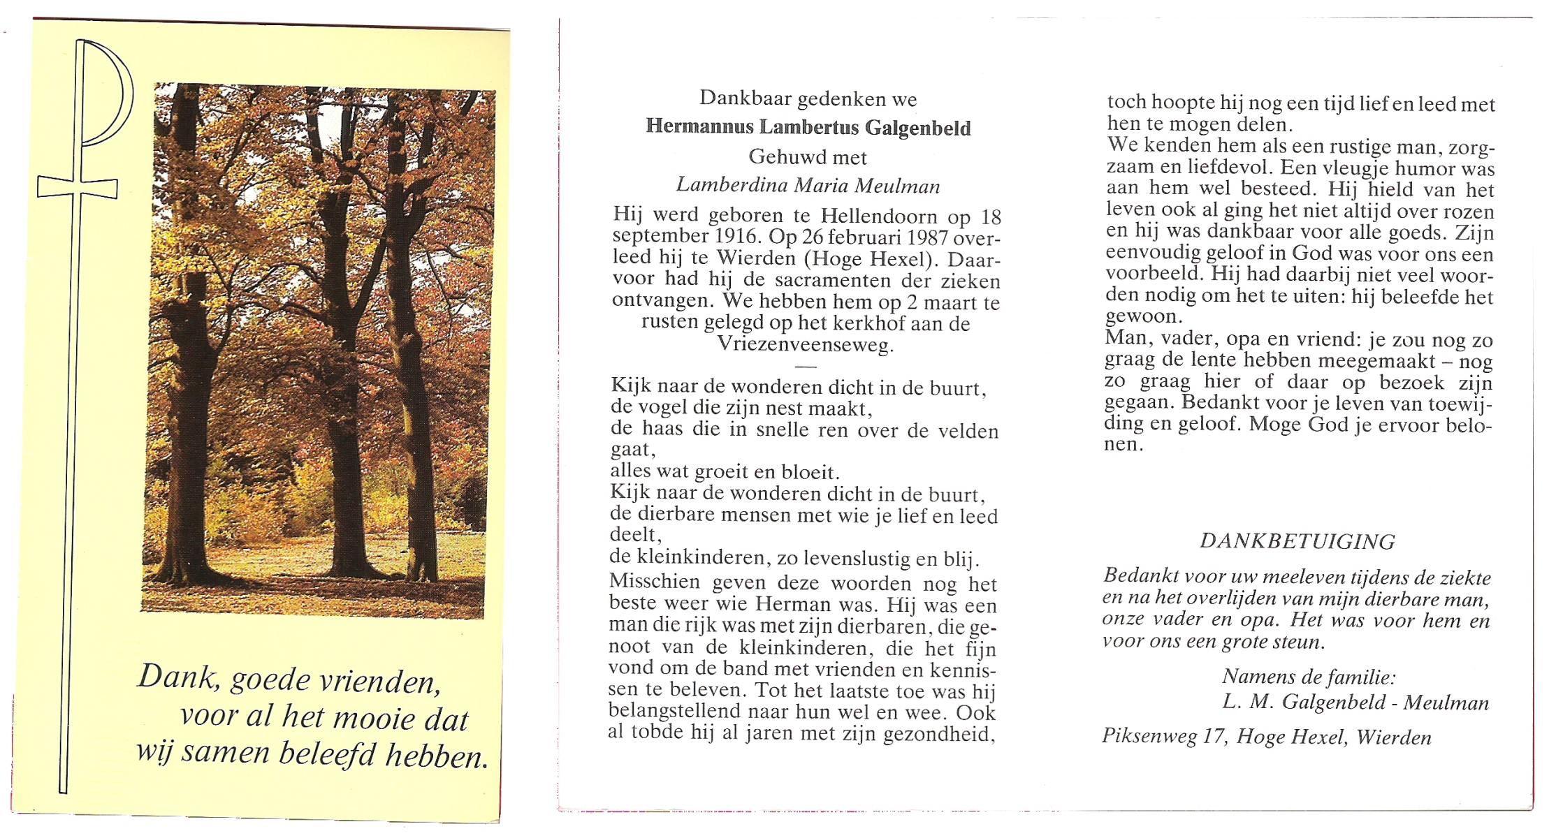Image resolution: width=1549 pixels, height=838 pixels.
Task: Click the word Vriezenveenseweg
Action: coord(805,345)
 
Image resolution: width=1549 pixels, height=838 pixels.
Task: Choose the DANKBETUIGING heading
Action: coord(1297,541)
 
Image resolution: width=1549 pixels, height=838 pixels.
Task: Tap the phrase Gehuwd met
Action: coord(808,156)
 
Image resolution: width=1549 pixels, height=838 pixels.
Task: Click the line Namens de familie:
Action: coord(1309,676)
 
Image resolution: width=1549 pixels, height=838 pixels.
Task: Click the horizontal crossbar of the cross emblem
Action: coord(77,188)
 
